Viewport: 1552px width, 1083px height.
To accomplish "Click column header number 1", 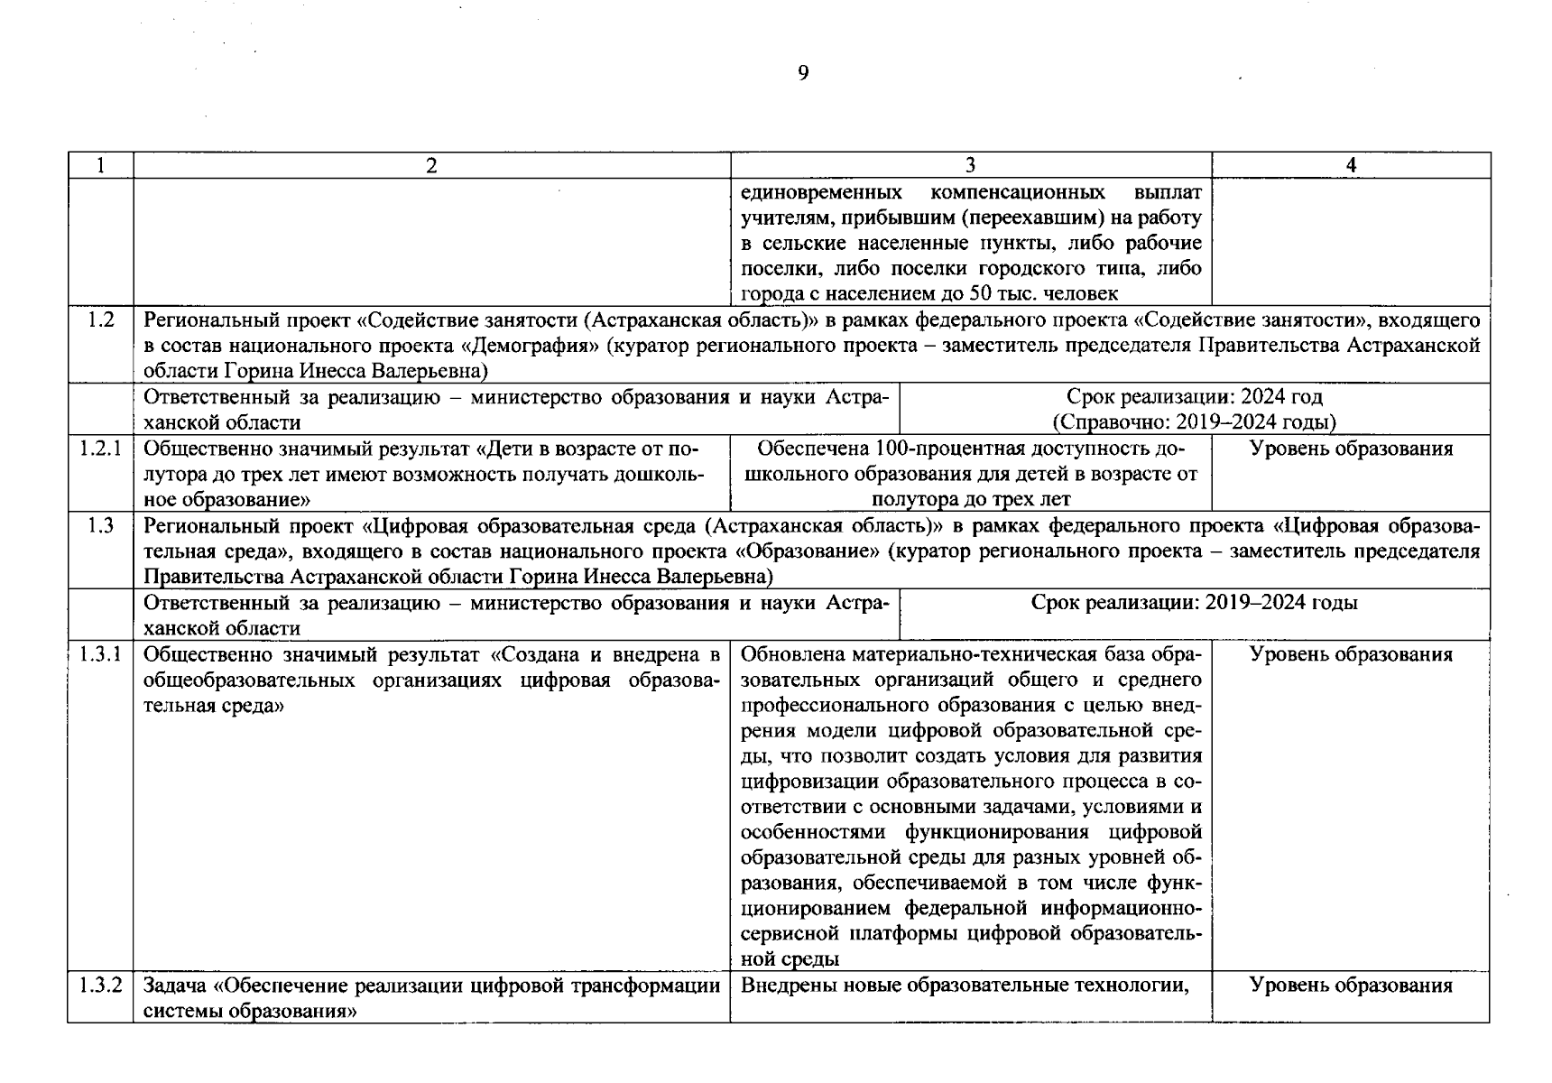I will pos(101,165).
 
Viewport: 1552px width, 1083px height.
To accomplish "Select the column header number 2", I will pos(431,165).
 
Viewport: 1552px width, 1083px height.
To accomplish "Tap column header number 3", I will pos(970,165).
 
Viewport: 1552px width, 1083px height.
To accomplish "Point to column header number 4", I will pos(1351,165).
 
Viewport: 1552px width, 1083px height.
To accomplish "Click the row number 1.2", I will pos(101,319).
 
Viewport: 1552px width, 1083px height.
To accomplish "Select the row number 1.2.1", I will pos(101,449).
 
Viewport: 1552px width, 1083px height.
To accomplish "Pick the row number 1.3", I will pos(101,525).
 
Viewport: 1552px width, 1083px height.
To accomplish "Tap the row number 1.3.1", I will pos(101,654).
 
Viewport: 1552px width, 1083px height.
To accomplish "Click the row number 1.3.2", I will pos(101,985).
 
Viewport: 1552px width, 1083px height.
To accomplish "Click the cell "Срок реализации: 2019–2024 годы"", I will pos(1194,603).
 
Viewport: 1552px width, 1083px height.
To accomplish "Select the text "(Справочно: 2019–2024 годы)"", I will pos(1194,421).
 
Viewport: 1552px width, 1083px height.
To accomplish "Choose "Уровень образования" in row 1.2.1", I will pos(1351,449).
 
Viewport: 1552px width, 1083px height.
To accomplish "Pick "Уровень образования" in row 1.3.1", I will pos(1351,654).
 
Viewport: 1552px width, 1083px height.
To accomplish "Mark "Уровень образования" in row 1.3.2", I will pos(1351,985).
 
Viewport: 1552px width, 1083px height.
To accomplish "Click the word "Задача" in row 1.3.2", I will pos(176,985).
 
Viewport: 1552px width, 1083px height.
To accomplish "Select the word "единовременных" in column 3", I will pos(821,192).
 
